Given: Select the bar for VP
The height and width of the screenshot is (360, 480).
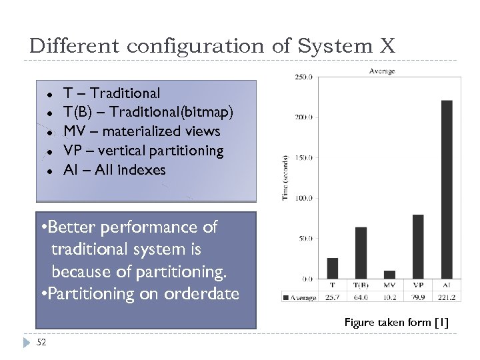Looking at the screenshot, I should pos(418,247).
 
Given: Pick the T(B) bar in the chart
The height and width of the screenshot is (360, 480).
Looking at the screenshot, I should pos(361,253).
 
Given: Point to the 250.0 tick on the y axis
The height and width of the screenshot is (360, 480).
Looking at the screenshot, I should pos(303,77).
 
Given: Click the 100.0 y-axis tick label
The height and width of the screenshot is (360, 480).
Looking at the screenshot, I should pos(303,198).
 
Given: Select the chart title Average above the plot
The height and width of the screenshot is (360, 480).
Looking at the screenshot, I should pos(382,71).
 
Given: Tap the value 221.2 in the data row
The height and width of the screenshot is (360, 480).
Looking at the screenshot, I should pos(446,297).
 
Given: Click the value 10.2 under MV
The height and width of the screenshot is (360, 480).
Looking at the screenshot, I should pos(389,297).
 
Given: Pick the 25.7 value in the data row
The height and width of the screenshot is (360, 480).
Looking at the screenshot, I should pos(333,297).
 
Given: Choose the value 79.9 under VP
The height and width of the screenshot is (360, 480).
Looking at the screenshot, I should pos(418,297).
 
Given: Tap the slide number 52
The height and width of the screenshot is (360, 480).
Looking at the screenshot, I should pos(41,343).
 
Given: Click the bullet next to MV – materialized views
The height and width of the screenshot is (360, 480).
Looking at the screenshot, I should pos(49,132).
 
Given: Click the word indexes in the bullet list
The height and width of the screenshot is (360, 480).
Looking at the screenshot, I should pos(142,170).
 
